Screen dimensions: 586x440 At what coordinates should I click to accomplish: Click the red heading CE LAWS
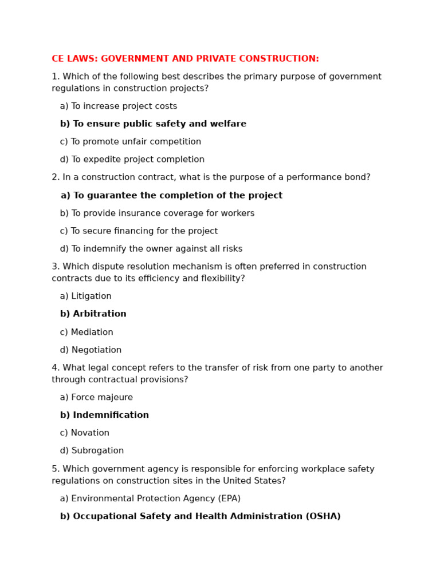click(185, 59)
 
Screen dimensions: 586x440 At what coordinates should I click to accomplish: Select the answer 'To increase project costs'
click(119, 106)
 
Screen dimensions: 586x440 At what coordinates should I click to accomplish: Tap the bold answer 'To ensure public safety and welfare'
click(153, 124)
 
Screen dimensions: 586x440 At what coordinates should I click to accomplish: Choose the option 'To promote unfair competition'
click(131, 142)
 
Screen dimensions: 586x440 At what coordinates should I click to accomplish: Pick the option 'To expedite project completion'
click(132, 160)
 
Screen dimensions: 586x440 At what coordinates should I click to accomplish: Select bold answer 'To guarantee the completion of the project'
click(171, 196)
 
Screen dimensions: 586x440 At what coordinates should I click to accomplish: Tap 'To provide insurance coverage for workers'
click(157, 213)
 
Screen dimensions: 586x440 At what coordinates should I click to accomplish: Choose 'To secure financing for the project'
click(139, 231)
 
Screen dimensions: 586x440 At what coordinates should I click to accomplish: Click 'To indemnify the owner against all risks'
click(151, 249)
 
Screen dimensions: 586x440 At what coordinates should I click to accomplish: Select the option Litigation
click(86, 296)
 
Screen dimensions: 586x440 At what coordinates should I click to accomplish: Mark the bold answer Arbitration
click(93, 314)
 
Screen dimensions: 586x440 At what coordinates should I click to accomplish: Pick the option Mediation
click(87, 332)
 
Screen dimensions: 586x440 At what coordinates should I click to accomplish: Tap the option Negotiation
click(91, 350)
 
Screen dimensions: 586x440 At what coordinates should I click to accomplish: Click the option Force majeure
click(96, 398)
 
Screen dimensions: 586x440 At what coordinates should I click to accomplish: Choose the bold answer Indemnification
click(104, 415)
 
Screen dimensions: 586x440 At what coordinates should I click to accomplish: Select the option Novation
click(85, 433)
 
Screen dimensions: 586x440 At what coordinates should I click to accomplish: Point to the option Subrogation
click(92, 451)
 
